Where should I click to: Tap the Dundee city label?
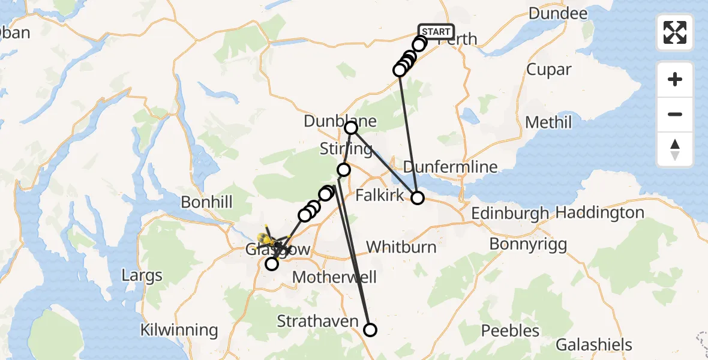point(558,14)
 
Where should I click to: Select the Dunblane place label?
point(340,121)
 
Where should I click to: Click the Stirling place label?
point(346,148)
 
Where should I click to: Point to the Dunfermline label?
point(450,166)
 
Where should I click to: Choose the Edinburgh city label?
point(510,213)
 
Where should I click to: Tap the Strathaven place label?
point(317,321)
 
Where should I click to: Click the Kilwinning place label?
point(179,330)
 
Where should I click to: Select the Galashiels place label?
point(594,345)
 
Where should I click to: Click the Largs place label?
point(142,276)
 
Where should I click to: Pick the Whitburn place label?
point(401,247)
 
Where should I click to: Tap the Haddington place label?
point(600,212)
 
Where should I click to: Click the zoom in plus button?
point(675,79)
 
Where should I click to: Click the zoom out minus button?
point(675,114)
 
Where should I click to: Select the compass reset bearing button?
point(675,149)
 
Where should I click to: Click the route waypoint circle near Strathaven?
point(370,329)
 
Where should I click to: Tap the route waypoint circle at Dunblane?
point(351,128)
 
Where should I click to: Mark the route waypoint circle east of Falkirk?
point(417,197)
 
